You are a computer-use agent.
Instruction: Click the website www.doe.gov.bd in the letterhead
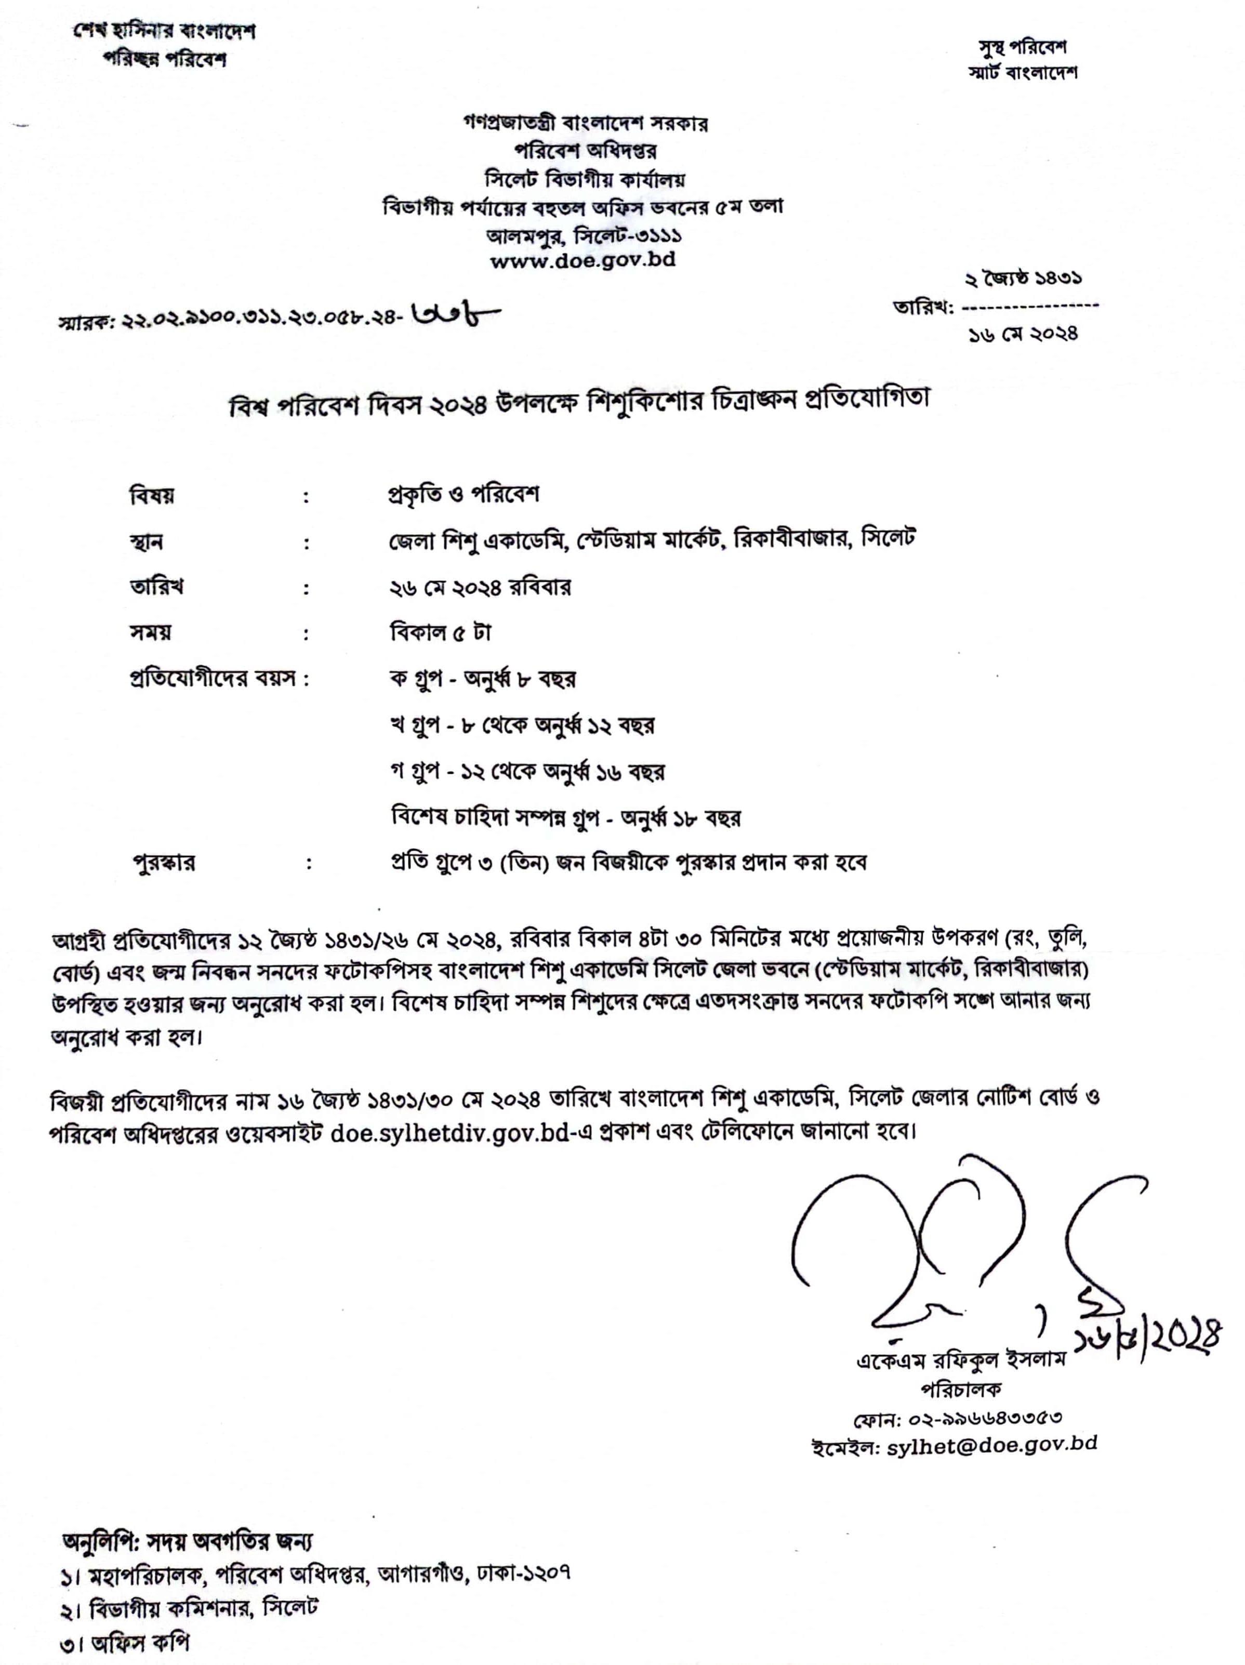[582, 260]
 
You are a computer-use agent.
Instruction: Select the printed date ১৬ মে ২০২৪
[1023, 333]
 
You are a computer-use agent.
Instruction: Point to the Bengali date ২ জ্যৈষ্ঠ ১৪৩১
[1024, 279]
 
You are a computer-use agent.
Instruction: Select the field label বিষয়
[152, 496]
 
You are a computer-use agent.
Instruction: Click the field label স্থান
[146, 542]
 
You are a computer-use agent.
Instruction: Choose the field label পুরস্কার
[164, 862]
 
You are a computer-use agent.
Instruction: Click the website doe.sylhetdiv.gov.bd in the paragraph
[449, 1133]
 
